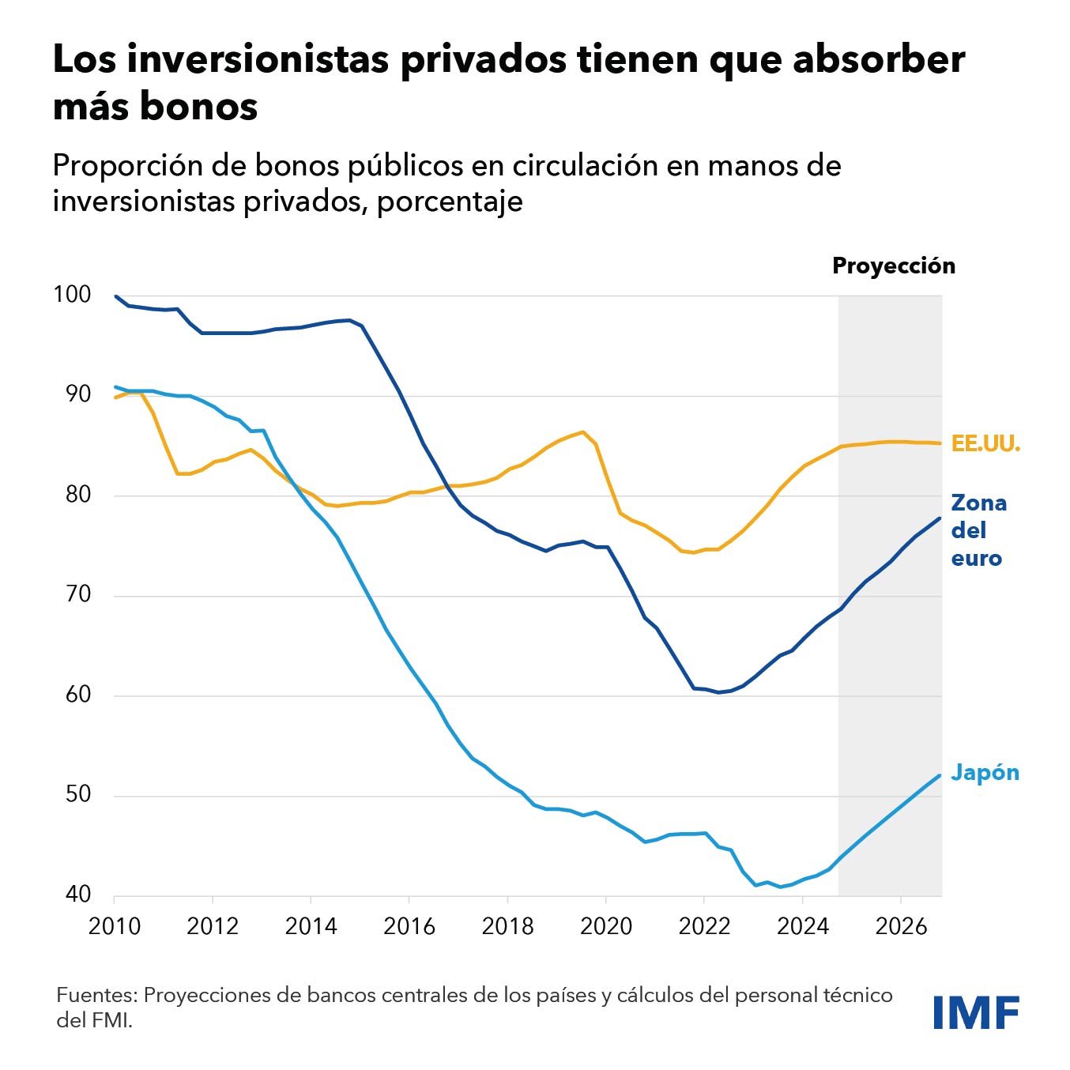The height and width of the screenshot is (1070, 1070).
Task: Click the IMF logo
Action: [976, 1012]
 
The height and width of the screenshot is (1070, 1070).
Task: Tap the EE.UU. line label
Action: [985, 444]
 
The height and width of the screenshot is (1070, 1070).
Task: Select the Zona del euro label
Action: [978, 530]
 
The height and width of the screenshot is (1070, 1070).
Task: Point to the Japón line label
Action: [985, 772]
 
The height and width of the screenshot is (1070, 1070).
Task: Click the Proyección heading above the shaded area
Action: [893, 266]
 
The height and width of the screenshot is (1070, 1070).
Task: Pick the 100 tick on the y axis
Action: [72, 295]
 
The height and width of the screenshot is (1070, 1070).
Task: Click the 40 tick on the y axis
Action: [78, 895]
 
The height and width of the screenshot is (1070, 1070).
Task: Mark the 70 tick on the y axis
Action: [77, 594]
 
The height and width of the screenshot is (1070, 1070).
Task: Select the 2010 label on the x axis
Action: [115, 925]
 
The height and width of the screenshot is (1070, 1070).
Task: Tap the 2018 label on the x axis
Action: [507, 925]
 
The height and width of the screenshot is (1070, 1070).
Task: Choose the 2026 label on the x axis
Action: [900, 925]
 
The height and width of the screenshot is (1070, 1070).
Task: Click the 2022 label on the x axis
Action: [704, 925]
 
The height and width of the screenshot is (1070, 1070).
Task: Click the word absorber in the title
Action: [878, 60]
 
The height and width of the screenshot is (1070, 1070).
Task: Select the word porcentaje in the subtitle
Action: [450, 202]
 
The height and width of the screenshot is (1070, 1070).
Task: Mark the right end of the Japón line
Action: [940, 775]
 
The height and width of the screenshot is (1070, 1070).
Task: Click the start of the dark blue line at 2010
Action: [116, 296]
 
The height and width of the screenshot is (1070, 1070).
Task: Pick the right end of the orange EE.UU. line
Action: [940, 443]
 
